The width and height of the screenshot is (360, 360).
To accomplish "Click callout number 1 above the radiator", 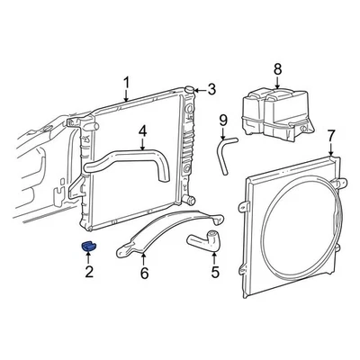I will [127, 85].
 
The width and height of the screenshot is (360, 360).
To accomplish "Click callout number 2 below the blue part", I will [89, 271].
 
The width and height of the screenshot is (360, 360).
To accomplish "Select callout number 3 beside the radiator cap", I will [211, 88].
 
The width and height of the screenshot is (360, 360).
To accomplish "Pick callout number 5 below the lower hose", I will [214, 271].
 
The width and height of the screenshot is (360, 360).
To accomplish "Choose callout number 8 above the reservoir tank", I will [277, 67].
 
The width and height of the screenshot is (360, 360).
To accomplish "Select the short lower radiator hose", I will [203, 238].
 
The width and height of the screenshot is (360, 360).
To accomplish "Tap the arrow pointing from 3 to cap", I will [202, 88].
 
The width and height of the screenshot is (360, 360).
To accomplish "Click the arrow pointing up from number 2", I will [89, 258].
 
